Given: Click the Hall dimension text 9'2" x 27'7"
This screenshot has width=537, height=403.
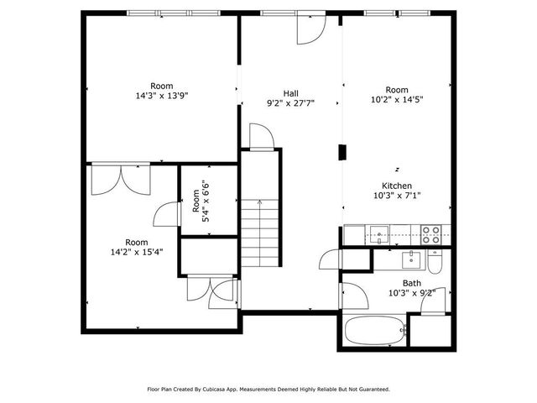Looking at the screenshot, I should (x=289, y=104).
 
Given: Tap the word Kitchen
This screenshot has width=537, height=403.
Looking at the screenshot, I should (x=397, y=185).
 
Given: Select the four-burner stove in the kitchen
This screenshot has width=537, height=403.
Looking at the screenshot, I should (x=431, y=234).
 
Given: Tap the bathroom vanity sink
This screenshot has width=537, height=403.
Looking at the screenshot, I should (x=410, y=259).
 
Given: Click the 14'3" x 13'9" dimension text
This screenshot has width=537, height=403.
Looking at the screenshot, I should (x=162, y=96).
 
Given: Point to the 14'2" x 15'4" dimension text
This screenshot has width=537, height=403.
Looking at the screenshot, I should (x=138, y=251).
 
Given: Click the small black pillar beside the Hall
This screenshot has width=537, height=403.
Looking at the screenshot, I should (x=341, y=152).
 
